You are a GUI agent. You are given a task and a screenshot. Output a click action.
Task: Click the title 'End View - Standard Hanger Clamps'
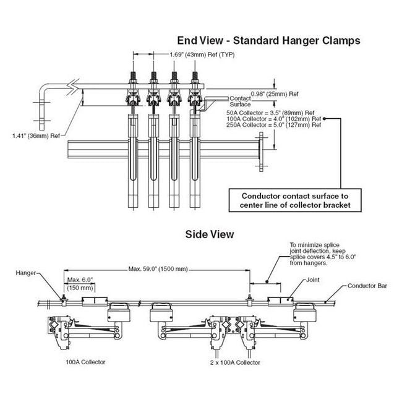(268, 40)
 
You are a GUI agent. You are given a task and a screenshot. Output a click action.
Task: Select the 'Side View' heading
(210, 234)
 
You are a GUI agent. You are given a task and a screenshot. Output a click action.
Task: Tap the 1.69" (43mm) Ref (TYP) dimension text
(198, 54)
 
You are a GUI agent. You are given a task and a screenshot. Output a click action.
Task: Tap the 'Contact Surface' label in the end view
(239, 101)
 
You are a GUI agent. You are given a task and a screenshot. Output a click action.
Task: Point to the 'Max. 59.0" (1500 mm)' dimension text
(158, 270)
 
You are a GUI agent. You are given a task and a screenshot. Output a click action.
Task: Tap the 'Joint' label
(312, 280)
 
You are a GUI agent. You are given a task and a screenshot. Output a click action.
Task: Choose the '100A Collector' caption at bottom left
(85, 362)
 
